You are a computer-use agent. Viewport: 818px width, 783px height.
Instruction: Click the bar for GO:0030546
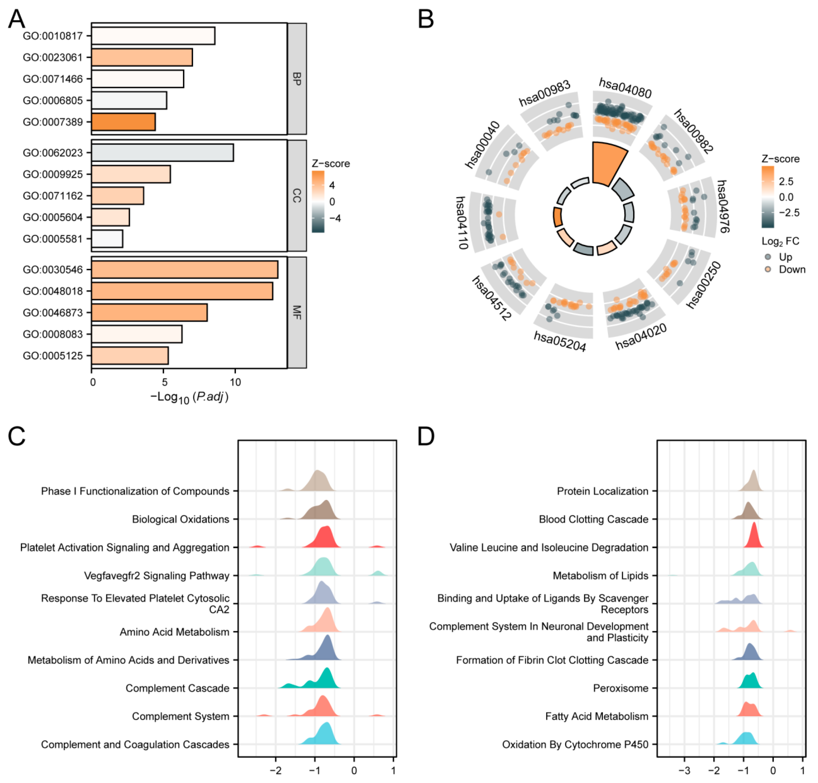click(185, 269)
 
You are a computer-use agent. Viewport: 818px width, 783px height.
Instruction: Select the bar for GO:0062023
click(162, 153)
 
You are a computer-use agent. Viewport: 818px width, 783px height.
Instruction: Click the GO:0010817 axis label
click(53, 36)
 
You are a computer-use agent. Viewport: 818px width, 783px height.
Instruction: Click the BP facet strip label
click(297, 79)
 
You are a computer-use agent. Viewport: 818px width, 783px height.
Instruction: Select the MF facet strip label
click(297, 312)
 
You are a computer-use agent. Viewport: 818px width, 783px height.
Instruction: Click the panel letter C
click(17, 437)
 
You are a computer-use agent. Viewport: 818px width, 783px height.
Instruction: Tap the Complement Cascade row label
click(177, 688)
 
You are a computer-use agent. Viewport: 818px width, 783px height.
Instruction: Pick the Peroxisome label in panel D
click(620, 688)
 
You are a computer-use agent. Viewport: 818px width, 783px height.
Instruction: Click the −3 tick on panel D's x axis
click(684, 771)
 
